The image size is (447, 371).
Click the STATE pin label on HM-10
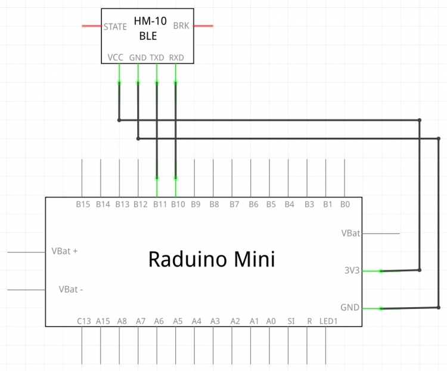(x=115, y=27)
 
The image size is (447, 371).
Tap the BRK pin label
(x=181, y=26)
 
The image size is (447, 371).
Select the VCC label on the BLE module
(x=116, y=58)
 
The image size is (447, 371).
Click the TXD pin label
(x=157, y=58)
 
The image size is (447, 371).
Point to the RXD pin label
(x=176, y=58)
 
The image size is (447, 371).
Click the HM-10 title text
(x=150, y=21)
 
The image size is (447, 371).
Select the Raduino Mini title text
(x=212, y=259)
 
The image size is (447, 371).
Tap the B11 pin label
(x=160, y=205)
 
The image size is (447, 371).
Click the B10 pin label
(x=178, y=205)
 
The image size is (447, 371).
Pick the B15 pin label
(x=83, y=205)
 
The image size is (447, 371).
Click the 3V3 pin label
(x=352, y=270)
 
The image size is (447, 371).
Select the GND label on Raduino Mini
(x=350, y=307)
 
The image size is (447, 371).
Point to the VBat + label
(x=64, y=251)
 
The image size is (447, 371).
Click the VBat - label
(x=71, y=289)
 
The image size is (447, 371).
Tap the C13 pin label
(x=84, y=321)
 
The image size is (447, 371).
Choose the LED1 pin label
(x=328, y=321)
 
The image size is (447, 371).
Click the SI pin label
(x=291, y=321)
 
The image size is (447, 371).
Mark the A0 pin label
(x=271, y=321)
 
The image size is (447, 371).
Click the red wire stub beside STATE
(x=92, y=26)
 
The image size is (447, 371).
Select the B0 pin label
(x=345, y=205)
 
